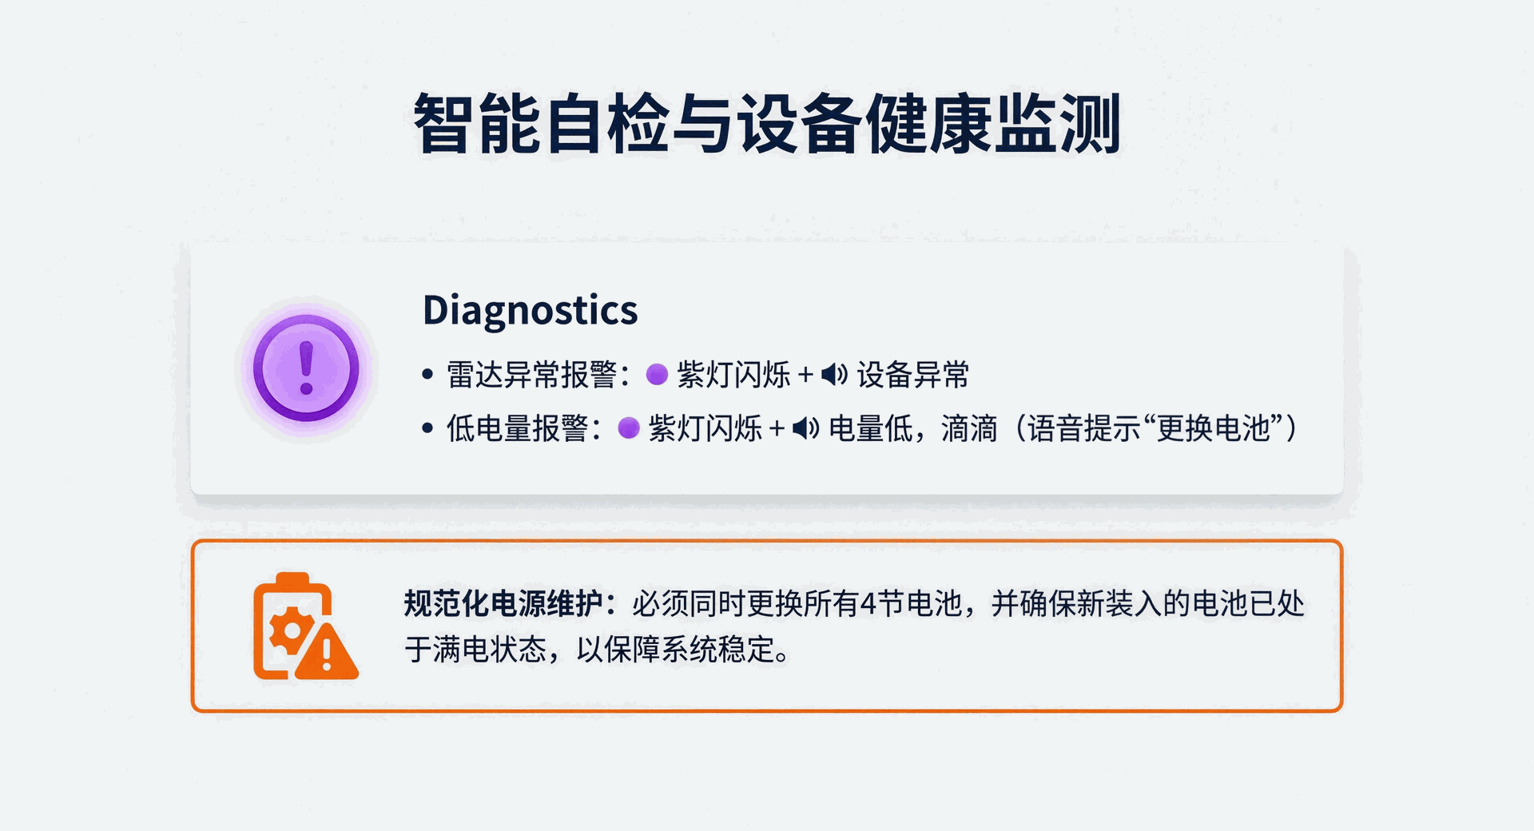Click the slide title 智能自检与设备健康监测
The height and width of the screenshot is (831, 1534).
(x=767, y=123)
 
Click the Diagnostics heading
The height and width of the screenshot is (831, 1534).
(x=530, y=310)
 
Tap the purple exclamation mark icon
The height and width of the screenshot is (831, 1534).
(x=306, y=368)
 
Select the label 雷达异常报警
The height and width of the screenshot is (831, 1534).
(x=531, y=375)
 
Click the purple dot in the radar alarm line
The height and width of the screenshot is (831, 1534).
(x=657, y=375)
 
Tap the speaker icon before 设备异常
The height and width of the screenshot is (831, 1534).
(x=834, y=375)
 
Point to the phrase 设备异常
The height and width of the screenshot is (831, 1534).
(x=913, y=375)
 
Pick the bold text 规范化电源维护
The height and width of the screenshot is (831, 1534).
(x=503, y=603)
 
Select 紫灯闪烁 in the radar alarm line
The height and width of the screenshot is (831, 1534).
(x=733, y=375)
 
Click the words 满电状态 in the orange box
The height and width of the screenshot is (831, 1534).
(x=490, y=650)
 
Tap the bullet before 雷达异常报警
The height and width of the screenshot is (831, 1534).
(x=427, y=375)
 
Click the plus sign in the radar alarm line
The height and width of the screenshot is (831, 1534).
(x=805, y=375)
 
